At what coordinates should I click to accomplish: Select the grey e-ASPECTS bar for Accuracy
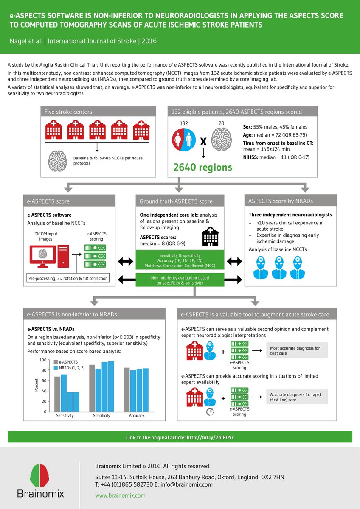click(127, 389)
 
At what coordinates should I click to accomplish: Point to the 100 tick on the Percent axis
click(42, 360)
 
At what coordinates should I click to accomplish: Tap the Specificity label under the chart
click(101, 416)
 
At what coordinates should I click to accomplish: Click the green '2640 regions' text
click(203, 167)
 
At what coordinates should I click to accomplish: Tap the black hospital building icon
click(211, 236)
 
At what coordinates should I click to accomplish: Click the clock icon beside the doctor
click(210, 411)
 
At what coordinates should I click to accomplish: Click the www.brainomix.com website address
click(120, 495)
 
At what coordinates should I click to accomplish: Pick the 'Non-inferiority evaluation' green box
click(180, 280)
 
